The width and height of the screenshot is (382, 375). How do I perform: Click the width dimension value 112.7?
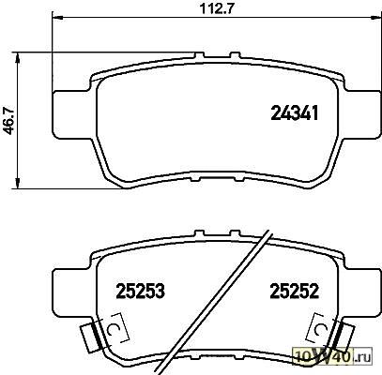tap(217, 8)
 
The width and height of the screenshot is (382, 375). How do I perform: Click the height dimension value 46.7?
tap(8, 121)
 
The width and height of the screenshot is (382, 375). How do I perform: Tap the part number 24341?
tap(294, 112)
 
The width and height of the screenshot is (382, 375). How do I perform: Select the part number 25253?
tap(140, 291)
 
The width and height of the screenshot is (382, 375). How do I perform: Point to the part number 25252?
tap(295, 291)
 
